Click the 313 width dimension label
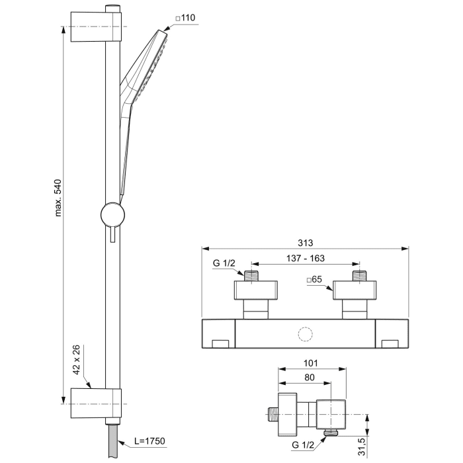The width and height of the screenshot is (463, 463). point(305,242)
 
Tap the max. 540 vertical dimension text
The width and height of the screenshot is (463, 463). point(58,197)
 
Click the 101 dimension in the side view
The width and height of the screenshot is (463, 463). point(311,362)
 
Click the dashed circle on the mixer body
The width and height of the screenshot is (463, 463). point(305,335)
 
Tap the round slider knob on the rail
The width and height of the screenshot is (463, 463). point(112,215)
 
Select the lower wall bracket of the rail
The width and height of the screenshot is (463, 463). point(97,400)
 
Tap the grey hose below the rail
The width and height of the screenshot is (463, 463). point(112,440)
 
